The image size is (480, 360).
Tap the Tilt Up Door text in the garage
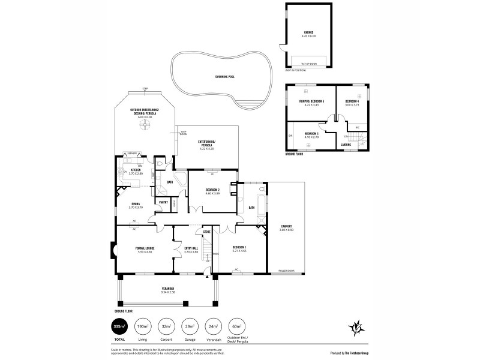(309, 62)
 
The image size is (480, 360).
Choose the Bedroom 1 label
(239, 247)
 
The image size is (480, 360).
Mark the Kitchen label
(135, 171)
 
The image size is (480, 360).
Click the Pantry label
(163, 202)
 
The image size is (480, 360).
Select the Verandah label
(167, 289)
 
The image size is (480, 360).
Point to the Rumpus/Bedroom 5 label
(311, 101)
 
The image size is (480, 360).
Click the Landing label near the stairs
(346, 145)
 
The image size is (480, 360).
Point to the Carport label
(286, 227)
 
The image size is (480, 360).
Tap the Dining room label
(136, 205)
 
